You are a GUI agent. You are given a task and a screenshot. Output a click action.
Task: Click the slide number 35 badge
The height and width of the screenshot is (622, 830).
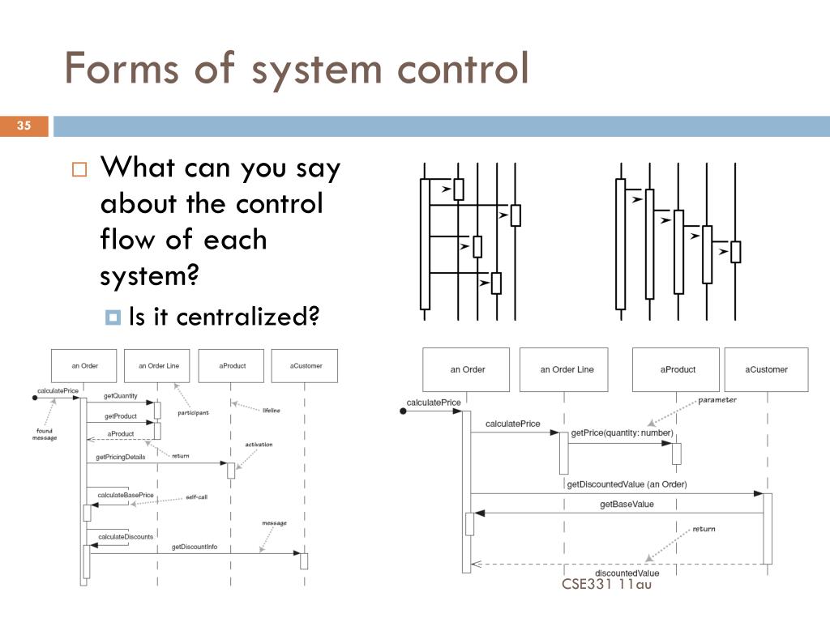24,126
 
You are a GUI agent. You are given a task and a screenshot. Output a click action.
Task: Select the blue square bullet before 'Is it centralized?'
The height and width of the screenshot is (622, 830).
113,317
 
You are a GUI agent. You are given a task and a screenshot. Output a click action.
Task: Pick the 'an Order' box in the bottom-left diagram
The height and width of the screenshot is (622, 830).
84,366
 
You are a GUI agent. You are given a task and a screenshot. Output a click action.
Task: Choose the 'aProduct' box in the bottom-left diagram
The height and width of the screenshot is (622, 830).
232,366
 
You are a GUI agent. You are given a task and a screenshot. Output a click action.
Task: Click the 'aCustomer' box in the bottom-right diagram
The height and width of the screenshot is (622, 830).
766,370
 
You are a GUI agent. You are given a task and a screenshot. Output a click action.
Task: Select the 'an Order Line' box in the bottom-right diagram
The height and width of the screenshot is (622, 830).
567,370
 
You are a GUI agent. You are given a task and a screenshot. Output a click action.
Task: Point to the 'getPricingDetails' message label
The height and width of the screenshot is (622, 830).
121,458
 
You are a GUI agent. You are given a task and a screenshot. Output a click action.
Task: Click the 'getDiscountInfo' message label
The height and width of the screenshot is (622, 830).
194,547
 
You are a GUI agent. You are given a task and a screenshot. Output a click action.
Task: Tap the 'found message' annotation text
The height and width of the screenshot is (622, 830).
45,433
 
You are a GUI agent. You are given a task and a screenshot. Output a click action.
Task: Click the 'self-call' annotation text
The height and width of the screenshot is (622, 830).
196,496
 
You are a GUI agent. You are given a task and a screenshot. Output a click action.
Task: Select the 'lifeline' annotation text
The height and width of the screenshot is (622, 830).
271,411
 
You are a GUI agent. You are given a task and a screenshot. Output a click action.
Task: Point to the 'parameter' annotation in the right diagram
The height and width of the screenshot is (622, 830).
717,400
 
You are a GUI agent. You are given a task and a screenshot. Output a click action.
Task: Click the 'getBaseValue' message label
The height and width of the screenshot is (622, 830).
627,505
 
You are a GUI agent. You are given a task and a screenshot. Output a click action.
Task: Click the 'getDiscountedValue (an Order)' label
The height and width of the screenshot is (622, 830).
627,484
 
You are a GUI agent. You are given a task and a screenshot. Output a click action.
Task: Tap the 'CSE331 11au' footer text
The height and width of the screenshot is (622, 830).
606,583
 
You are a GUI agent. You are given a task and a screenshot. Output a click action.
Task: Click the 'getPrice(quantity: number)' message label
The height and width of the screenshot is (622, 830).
622,433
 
